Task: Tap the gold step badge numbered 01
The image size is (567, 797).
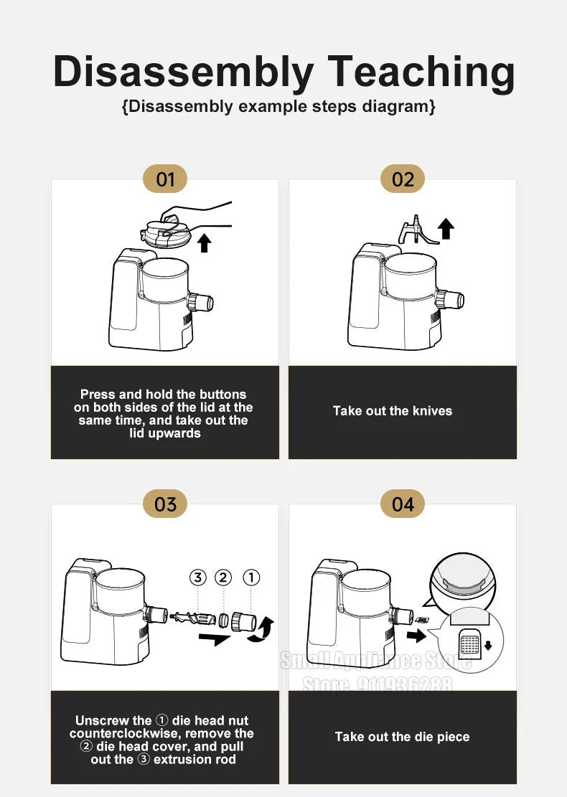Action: point(165,179)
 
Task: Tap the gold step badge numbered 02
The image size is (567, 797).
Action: point(403,179)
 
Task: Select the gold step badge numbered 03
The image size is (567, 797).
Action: point(165,504)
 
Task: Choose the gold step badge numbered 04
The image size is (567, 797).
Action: point(403,504)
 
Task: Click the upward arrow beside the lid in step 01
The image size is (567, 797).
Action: point(205,242)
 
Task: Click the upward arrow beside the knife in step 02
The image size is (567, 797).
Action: point(446,229)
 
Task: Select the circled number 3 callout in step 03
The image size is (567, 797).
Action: point(198,577)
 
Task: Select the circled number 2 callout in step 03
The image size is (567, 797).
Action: point(223,577)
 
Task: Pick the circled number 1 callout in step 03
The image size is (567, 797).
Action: point(250,577)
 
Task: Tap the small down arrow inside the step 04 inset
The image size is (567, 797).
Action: point(488,646)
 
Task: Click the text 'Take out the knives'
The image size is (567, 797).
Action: point(393,411)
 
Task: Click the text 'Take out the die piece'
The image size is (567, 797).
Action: point(402,737)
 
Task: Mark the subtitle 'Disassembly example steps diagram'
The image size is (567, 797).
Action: point(278,107)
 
